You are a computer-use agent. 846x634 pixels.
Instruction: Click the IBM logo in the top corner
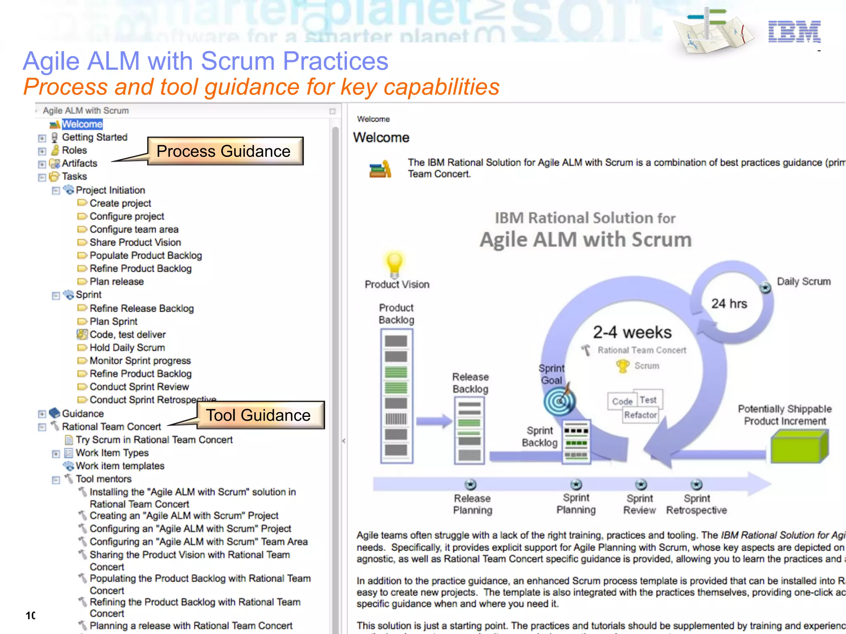click(794, 31)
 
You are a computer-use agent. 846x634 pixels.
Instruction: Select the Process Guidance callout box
click(225, 151)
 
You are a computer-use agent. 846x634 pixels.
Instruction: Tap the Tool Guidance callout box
click(260, 415)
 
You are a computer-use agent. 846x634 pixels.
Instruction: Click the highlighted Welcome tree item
click(82, 124)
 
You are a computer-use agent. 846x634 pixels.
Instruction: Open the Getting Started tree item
click(95, 137)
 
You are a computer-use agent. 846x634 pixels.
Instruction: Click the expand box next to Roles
click(42, 151)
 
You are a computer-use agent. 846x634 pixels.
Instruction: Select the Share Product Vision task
click(135, 242)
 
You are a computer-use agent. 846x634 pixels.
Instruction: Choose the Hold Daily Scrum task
click(127, 348)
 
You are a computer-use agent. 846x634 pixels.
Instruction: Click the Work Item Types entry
click(112, 453)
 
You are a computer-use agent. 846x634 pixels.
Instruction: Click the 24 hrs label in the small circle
click(729, 303)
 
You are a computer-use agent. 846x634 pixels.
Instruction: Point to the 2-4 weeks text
click(632, 332)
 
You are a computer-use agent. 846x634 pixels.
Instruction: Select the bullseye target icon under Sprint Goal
click(559, 401)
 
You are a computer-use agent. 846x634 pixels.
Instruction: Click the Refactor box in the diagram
click(640, 415)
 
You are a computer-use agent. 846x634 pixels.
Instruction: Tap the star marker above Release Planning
click(471, 484)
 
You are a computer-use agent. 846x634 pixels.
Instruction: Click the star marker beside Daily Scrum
click(765, 287)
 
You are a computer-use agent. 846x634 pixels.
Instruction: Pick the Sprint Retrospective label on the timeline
click(696, 504)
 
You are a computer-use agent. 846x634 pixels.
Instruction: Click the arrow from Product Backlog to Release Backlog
click(434, 421)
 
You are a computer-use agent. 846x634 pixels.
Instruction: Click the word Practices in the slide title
click(335, 61)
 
